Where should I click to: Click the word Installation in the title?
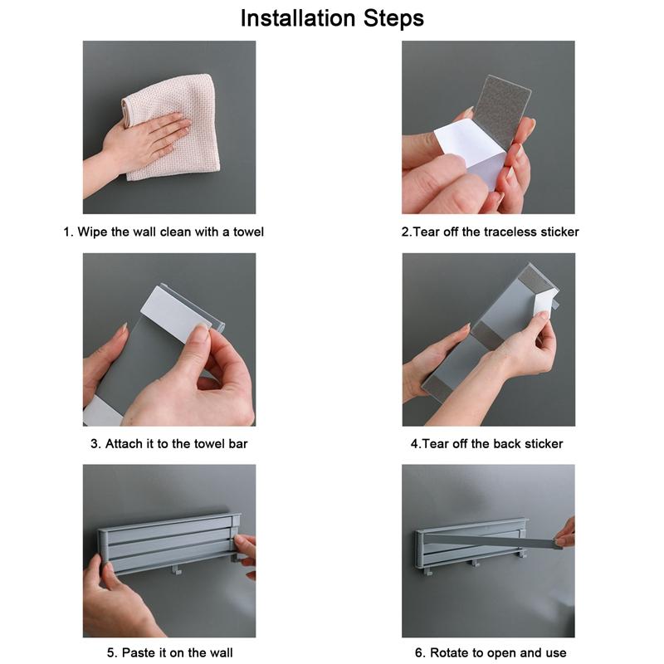298,18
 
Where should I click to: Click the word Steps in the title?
393,19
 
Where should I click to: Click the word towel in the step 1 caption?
248,232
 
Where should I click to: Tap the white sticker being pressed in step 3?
173,314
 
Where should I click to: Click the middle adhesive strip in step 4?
488,334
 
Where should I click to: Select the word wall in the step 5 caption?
221,652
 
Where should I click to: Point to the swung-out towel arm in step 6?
491,540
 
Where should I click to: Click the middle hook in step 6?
476,564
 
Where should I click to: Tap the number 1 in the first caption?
66,232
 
